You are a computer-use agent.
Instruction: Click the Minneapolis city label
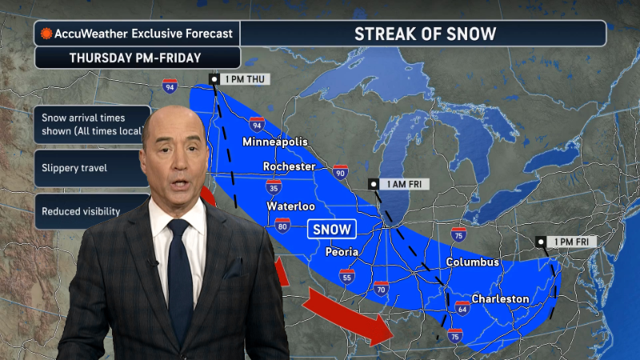pyautogui.click(x=274, y=142)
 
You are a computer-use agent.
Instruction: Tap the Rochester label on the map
pyautogui.click(x=290, y=166)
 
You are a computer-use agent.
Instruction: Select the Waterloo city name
pyautogui.click(x=290, y=206)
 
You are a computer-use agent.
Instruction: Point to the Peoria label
pyautogui.click(x=342, y=251)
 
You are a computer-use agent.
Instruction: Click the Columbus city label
pyautogui.click(x=472, y=262)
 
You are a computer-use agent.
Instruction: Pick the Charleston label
pyautogui.click(x=500, y=298)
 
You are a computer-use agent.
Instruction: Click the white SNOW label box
pyautogui.click(x=331, y=230)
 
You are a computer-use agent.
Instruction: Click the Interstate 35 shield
pyautogui.click(x=274, y=187)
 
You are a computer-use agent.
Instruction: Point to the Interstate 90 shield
pyautogui.click(x=340, y=172)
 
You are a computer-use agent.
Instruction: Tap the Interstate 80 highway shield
pyautogui.click(x=282, y=226)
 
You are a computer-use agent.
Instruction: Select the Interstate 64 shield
pyautogui.click(x=462, y=308)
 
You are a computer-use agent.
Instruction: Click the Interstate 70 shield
pyautogui.click(x=381, y=288)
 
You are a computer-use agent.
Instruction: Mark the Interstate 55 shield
pyautogui.click(x=346, y=277)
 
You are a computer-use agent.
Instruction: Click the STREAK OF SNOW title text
pyautogui.click(x=425, y=34)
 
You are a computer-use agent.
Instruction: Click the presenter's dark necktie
pyautogui.click(x=180, y=272)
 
